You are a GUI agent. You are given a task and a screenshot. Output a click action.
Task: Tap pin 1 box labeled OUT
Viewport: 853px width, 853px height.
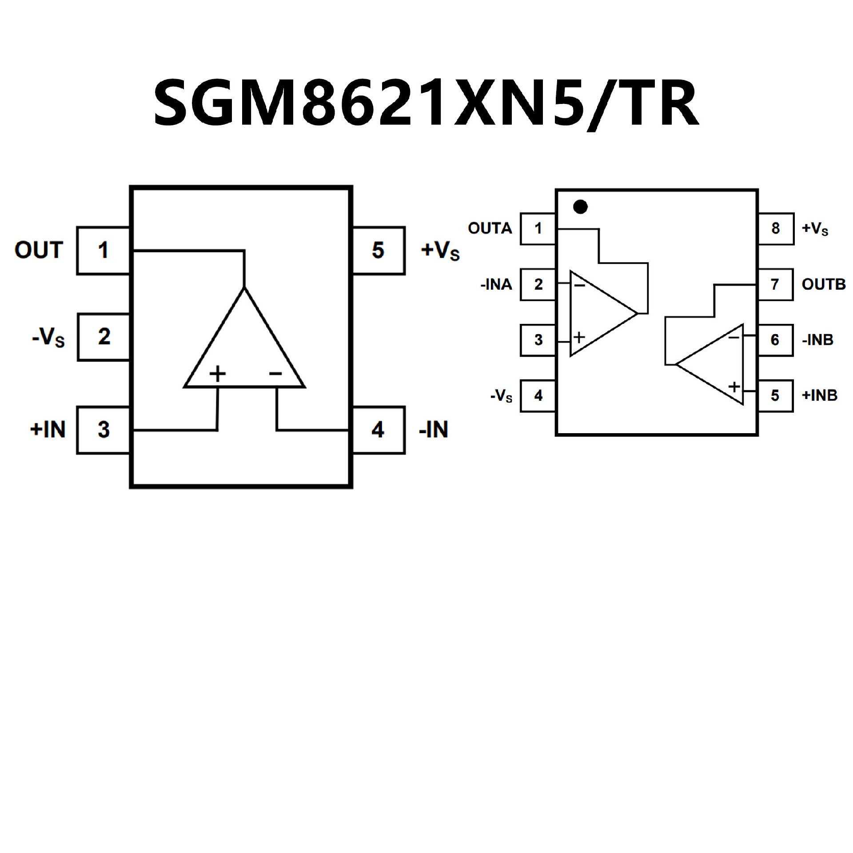pos(103,250)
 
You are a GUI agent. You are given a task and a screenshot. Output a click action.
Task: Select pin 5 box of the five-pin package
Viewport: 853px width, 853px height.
pos(378,250)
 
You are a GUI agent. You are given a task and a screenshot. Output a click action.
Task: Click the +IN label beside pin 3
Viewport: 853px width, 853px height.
pos(48,430)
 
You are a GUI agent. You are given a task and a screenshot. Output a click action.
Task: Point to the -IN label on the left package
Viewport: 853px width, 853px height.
pos(434,430)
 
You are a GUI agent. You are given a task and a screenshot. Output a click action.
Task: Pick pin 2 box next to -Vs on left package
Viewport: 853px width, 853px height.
pos(104,337)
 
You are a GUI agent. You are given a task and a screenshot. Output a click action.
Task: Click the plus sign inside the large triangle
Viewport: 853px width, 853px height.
pos(217,374)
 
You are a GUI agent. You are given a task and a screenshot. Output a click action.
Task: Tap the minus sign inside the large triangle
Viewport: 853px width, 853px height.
pos(275,374)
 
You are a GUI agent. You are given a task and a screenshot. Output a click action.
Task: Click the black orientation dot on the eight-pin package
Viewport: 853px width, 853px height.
pos(580,207)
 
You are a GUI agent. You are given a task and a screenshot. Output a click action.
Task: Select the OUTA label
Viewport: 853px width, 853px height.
pos(490,228)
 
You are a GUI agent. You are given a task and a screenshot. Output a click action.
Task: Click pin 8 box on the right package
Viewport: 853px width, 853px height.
pos(775,228)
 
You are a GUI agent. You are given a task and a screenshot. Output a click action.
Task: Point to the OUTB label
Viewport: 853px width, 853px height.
pos(823,284)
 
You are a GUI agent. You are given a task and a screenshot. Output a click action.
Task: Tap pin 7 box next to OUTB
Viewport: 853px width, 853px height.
pos(775,284)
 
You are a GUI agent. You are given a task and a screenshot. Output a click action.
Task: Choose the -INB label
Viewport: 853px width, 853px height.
pos(817,340)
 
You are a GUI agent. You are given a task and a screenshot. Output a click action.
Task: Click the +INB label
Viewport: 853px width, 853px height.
pos(819,395)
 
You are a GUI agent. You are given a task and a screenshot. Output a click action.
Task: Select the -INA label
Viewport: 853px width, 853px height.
pos(496,284)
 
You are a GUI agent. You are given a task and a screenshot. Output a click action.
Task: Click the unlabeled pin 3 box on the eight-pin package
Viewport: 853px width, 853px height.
pos(538,340)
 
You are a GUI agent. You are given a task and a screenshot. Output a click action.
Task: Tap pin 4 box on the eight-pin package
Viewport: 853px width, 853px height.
pos(538,395)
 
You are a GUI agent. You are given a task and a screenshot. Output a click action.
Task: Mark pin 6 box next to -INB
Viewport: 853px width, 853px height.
pos(775,340)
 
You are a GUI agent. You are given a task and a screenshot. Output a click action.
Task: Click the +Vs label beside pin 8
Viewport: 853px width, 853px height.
pos(815,228)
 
